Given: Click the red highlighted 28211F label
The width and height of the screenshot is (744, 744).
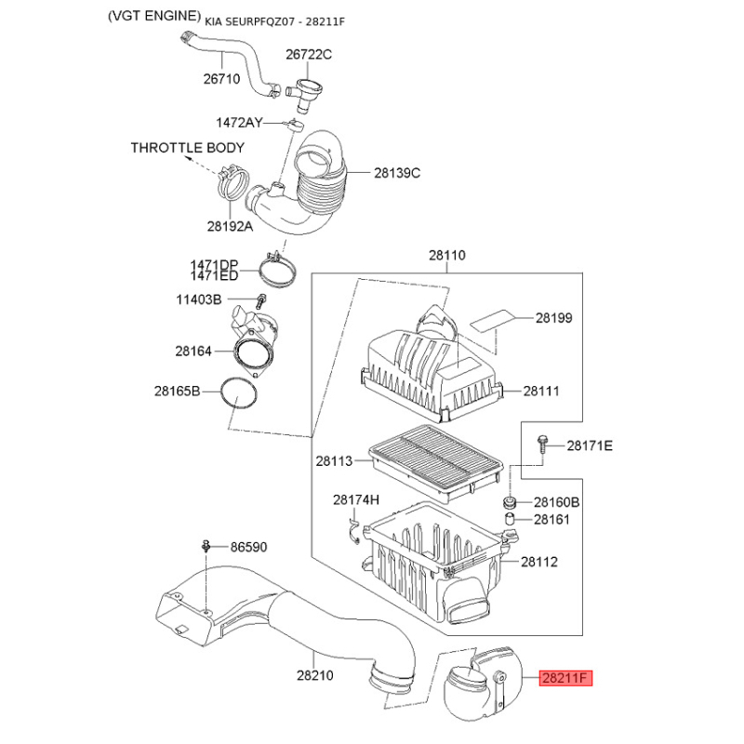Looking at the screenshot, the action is pyautogui.click(x=565, y=678).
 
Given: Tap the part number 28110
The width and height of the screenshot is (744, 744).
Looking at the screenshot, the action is pyautogui.click(x=447, y=255).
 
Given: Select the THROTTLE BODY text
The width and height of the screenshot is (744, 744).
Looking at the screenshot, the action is pyautogui.click(x=188, y=148).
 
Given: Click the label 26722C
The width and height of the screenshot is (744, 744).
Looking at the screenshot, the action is pyautogui.click(x=309, y=55).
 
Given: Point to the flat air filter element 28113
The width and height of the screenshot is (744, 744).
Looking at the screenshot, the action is pyautogui.click(x=435, y=462).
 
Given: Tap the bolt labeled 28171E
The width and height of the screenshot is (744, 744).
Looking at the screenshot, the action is pyautogui.click(x=541, y=445).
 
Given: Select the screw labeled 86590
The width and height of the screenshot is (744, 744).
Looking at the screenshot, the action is pyautogui.click(x=206, y=546).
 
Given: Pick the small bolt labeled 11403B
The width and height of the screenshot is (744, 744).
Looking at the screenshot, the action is pyautogui.click(x=261, y=300).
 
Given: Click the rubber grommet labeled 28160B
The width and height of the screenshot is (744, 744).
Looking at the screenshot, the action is pyautogui.click(x=510, y=501).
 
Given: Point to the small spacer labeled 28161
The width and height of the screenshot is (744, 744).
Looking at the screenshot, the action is pyautogui.click(x=509, y=519).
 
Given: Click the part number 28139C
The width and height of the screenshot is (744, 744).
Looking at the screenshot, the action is pyautogui.click(x=397, y=173).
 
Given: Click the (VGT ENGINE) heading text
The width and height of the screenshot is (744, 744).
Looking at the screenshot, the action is pyautogui.click(x=154, y=16).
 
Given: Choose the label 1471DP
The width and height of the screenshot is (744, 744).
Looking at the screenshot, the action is pyautogui.click(x=215, y=265).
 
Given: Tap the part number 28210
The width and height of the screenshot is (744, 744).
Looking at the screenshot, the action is pyautogui.click(x=315, y=675).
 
